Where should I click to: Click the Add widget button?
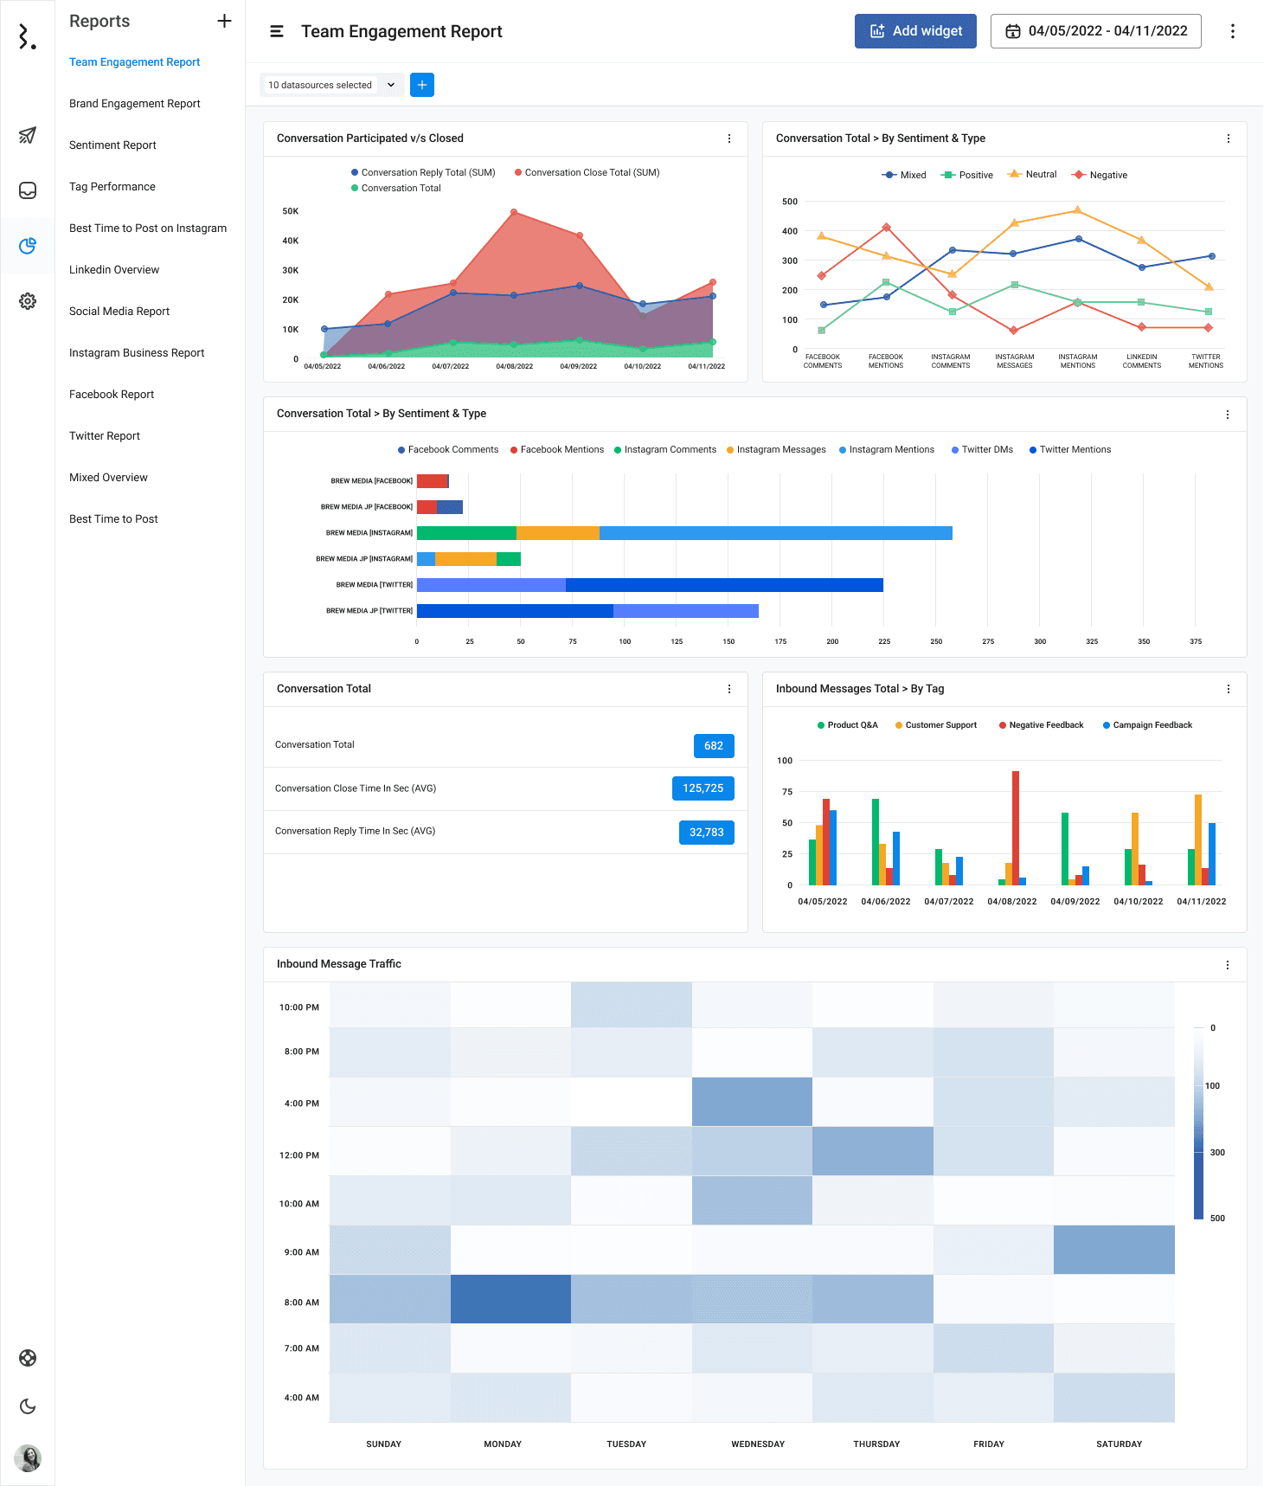915,31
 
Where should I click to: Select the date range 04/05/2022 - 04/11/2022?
1095,31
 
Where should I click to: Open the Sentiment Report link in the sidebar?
112,145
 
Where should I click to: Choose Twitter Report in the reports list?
105,436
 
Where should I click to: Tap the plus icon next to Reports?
224,21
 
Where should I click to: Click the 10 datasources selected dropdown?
331,85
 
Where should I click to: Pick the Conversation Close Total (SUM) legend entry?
591,173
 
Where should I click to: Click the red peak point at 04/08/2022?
514,212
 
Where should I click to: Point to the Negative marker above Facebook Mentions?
886,228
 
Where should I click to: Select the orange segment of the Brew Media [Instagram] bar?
558,533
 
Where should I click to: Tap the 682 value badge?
714,746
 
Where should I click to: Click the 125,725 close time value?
703,788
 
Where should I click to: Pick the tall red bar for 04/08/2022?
1015,827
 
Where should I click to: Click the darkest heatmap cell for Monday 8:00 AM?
510,1299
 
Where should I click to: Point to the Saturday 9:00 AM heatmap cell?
1113,1250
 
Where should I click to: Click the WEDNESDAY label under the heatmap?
758,1444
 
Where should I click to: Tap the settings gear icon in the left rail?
28,301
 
